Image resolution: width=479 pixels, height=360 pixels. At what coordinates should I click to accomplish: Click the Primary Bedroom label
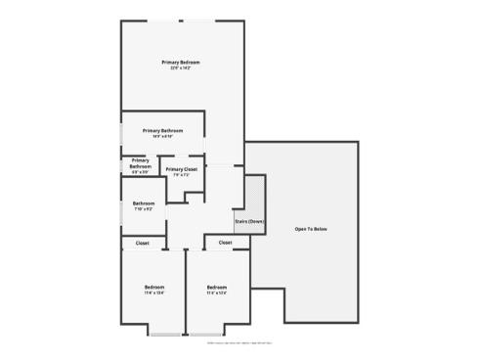(181, 63)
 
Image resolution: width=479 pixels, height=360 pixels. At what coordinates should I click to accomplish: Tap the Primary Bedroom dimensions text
(181, 68)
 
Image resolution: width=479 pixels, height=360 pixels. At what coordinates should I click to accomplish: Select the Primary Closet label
(181, 169)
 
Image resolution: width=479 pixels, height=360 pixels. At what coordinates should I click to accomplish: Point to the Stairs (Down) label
(249, 221)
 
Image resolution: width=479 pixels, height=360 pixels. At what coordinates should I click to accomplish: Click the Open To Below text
(311, 229)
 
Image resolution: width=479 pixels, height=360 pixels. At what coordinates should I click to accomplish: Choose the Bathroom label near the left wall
(144, 203)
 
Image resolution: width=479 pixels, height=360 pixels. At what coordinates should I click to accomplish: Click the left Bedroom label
(154, 287)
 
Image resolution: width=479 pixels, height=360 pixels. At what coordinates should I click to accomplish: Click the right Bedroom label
(217, 287)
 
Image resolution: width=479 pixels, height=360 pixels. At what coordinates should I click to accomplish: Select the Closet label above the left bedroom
(143, 243)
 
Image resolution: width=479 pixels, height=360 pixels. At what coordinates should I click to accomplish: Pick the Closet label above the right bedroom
(225, 243)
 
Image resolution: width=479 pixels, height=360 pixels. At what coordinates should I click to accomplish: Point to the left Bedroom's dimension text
(154, 292)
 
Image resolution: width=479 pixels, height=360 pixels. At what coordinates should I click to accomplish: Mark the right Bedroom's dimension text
(217, 292)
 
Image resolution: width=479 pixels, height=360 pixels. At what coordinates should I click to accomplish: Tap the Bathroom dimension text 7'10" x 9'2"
(144, 209)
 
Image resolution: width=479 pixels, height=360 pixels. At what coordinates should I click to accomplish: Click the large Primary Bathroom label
(162, 130)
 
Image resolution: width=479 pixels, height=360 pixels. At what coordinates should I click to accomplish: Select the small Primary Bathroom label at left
(140, 163)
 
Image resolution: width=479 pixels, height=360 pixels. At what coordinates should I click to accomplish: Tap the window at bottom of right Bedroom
(224, 336)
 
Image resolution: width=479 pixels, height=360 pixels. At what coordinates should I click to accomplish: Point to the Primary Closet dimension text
(181, 175)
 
